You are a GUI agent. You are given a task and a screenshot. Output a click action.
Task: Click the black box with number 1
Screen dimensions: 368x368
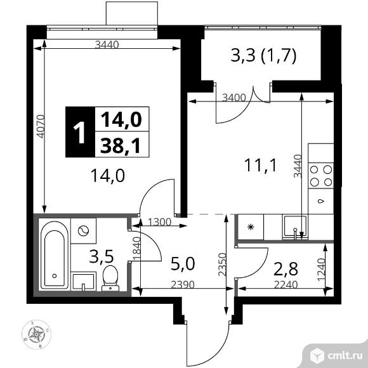pyautogui.click(x=79, y=133)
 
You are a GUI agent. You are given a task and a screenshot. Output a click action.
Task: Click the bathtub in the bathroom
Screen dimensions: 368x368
pyautogui.click(x=54, y=256)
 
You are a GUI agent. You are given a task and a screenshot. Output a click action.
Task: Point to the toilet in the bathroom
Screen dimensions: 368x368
pyautogui.click(x=110, y=277)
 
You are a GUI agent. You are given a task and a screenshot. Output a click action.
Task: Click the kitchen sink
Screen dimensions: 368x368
pyautogui.click(x=295, y=226)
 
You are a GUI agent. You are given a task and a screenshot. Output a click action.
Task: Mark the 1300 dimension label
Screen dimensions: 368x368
pyautogui.click(x=159, y=222)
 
